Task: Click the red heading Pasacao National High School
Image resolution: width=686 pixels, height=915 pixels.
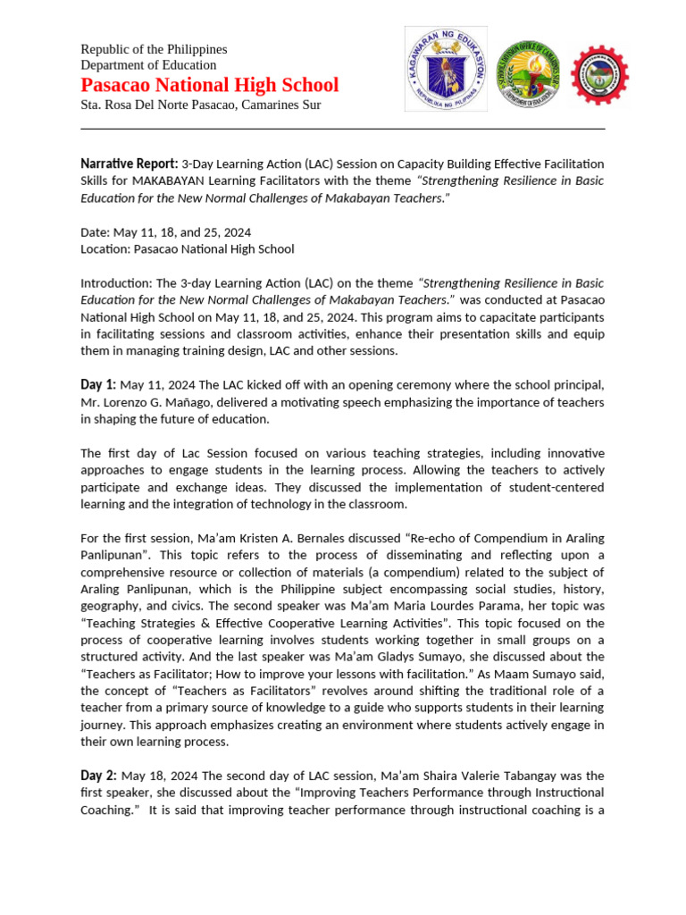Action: (x=210, y=85)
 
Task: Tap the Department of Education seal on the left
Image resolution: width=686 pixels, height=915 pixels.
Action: (x=446, y=69)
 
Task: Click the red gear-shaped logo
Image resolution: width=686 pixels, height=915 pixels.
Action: (x=599, y=75)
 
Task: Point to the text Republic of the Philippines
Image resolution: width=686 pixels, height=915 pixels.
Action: (x=154, y=49)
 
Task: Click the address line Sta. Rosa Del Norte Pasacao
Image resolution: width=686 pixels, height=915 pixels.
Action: (x=200, y=105)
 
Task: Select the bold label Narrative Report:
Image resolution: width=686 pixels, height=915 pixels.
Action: (x=129, y=164)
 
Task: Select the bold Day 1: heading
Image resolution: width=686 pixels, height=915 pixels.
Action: (x=97, y=385)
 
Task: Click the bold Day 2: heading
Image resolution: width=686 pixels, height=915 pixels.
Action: (x=97, y=776)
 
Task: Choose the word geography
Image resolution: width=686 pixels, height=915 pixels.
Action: (x=109, y=606)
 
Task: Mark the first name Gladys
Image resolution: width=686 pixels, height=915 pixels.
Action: (x=375, y=657)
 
